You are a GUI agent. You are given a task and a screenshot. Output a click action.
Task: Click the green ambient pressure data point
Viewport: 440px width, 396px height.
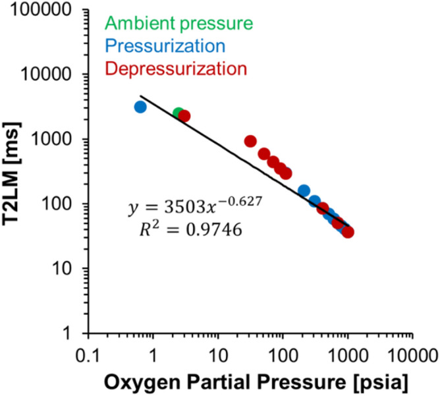179,114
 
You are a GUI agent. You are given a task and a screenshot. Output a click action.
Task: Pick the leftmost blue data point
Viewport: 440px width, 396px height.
140,107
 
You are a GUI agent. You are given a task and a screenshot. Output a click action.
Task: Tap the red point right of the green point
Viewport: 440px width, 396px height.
184,116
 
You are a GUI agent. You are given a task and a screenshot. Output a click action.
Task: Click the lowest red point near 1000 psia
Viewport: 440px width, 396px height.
348,232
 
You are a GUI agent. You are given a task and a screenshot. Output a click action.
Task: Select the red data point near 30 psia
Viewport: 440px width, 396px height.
250,141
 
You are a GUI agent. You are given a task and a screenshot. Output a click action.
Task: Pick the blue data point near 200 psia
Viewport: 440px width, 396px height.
304,191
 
